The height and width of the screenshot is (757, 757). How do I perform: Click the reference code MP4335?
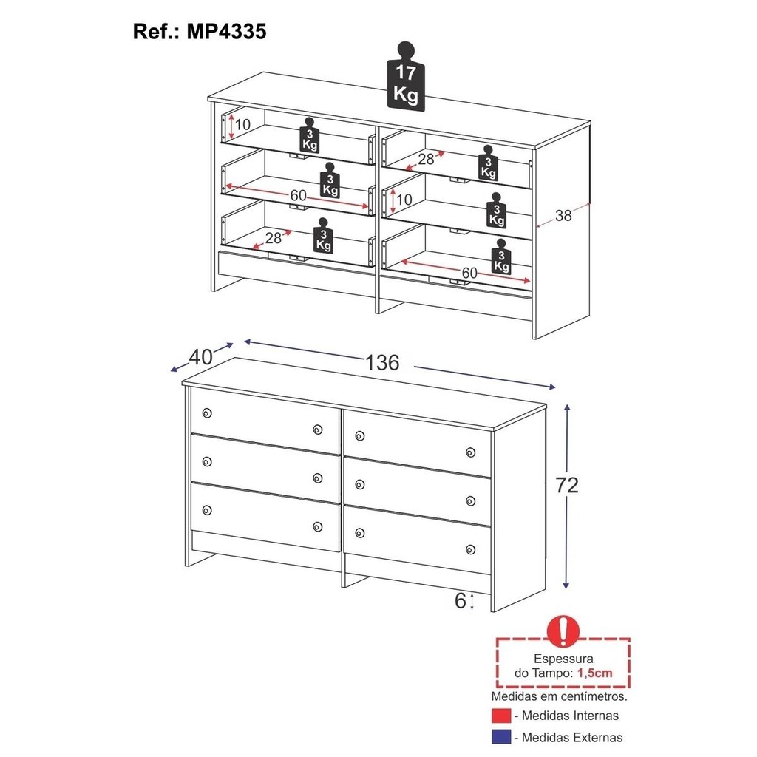pyautogui.click(x=226, y=31)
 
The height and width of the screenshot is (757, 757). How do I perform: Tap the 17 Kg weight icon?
pyautogui.click(x=406, y=76)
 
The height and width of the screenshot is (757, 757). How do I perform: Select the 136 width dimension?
pyautogui.click(x=382, y=362)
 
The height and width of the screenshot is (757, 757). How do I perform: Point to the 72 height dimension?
pyautogui.click(x=567, y=485)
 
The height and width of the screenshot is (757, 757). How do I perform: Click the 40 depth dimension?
pyautogui.click(x=200, y=357)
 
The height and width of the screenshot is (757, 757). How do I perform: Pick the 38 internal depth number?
pyautogui.click(x=563, y=215)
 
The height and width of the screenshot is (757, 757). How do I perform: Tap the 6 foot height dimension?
pyautogui.click(x=460, y=600)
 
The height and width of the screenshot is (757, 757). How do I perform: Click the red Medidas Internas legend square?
pyautogui.click(x=501, y=716)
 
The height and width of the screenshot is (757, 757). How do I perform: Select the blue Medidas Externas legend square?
pyautogui.click(x=501, y=737)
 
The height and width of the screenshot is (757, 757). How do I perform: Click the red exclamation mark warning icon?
pyautogui.click(x=563, y=631)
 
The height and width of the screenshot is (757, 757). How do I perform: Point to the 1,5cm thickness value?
pyautogui.click(x=595, y=673)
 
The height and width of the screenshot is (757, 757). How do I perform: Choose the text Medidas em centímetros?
pyautogui.click(x=559, y=696)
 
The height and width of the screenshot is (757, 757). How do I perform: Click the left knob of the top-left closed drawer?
pyautogui.click(x=207, y=413)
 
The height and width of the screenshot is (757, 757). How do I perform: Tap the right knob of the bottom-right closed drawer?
pyautogui.click(x=471, y=549)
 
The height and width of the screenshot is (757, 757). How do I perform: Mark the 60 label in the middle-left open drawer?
pyautogui.click(x=299, y=195)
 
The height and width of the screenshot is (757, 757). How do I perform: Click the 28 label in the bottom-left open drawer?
pyautogui.click(x=274, y=237)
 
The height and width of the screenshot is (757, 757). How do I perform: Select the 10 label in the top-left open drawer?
pyautogui.click(x=242, y=124)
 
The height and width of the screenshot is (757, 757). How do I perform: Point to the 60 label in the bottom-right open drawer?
pyautogui.click(x=469, y=274)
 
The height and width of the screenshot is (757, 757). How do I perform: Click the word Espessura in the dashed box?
pyautogui.click(x=563, y=659)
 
